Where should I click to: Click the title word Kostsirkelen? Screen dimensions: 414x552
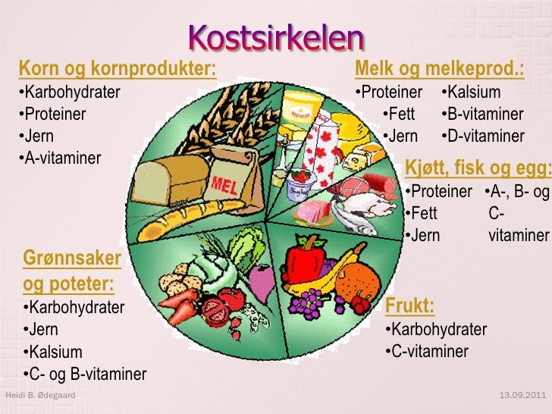[x=275, y=37]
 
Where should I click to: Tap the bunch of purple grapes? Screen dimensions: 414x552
[x=307, y=303]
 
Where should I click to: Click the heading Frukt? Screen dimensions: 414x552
[x=410, y=306]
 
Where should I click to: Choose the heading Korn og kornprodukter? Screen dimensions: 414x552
[x=118, y=71]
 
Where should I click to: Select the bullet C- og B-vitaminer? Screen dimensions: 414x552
[x=84, y=375]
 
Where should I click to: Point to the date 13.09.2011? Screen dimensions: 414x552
[x=523, y=396]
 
